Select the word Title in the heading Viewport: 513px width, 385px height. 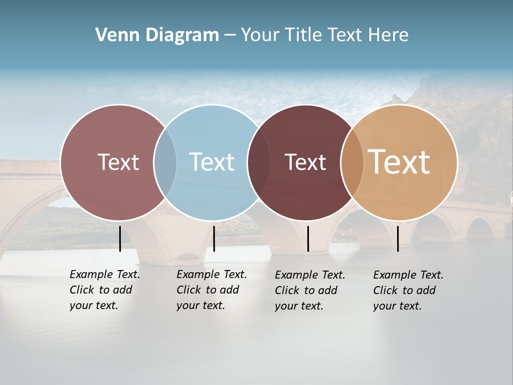305,35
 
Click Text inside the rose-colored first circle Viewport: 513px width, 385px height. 118,162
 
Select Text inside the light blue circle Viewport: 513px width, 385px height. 212,162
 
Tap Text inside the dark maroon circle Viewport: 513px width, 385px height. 305,163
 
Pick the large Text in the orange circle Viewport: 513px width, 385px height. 399,162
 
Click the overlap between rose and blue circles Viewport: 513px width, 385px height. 165,162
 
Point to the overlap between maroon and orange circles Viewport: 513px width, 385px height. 352,162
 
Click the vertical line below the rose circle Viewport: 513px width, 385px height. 120,238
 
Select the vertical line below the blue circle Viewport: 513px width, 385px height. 214,238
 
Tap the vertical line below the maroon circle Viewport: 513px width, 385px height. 308,238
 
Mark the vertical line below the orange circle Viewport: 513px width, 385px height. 398,238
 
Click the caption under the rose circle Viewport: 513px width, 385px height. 104,290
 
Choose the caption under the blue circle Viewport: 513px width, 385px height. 211,290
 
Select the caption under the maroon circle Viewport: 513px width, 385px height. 309,290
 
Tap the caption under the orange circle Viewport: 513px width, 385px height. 408,290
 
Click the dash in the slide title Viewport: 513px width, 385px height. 230,36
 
